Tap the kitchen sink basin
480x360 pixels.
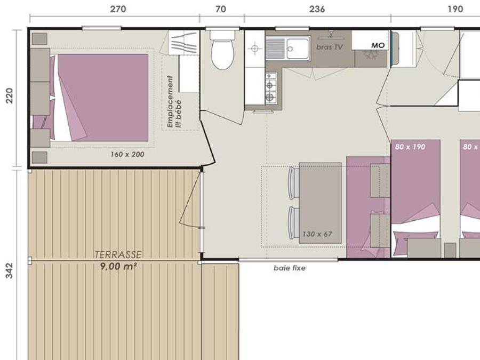pyautogui.click(x=298, y=49)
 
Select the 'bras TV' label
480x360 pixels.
pyautogui.click(x=330, y=47)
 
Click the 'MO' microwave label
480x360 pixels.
pyautogui.click(x=378, y=45)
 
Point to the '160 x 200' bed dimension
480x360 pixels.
pyautogui.click(x=127, y=154)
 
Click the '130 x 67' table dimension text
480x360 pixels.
pyautogui.click(x=317, y=234)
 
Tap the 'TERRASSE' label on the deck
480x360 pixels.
pyautogui.click(x=118, y=255)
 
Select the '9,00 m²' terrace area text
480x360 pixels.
pyautogui.click(x=118, y=266)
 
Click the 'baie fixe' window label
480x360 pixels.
pyautogui.click(x=290, y=268)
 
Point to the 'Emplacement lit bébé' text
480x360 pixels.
pyautogui.click(x=174, y=102)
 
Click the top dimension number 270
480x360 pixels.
pyautogui.click(x=118, y=9)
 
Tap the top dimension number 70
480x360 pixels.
pyautogui.click(x=221, y=9)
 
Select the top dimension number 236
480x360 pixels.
pyautogui.click(x=317, y=9)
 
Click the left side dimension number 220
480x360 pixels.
pyautogui.click(x=10, y=95)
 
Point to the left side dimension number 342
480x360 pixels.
pyautogui.click(x=10, y=270)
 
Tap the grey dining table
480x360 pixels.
pyautogui.click(x=320, y=203)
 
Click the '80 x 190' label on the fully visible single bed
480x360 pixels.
pyautogui.click(x=410, y=147)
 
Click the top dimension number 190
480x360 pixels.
pyautogui.click(x=455, y=9)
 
